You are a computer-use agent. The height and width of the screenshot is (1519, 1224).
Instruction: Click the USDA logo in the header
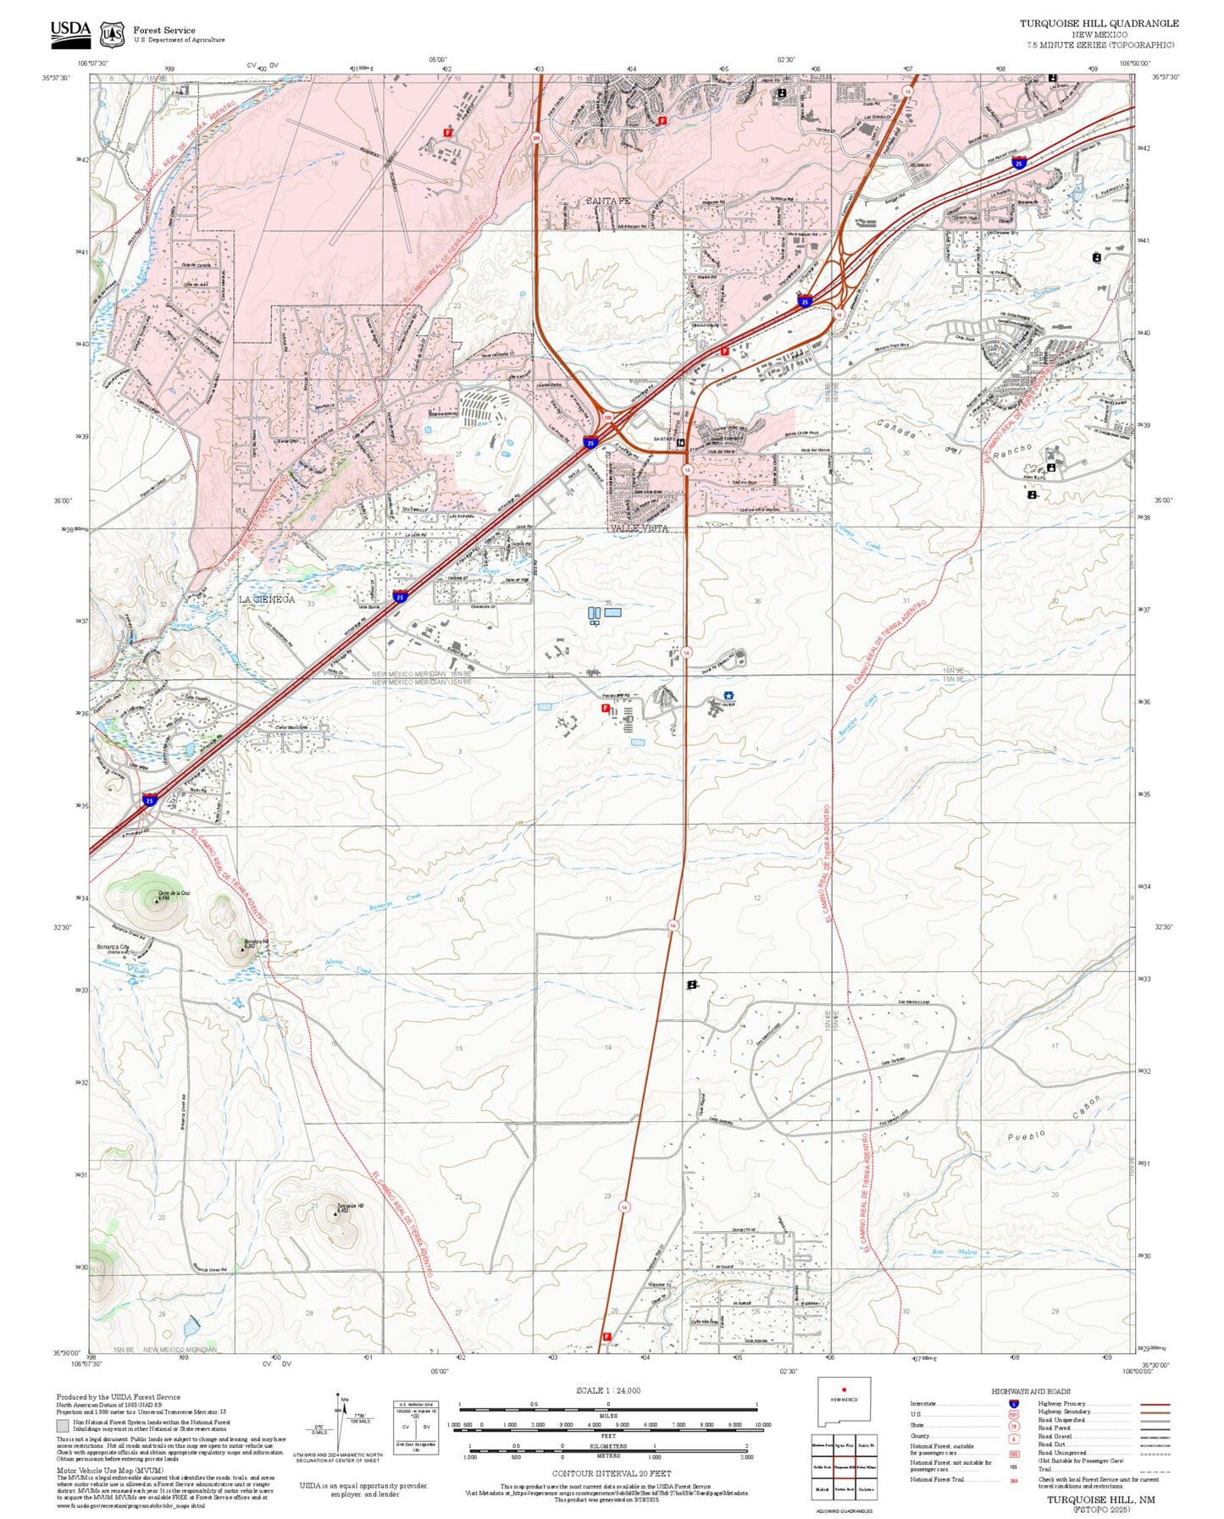coord(70,31)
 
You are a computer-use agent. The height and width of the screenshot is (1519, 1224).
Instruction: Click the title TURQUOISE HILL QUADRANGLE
coord(1099,24)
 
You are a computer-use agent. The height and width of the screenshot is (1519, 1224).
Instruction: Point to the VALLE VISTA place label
coord(638,528)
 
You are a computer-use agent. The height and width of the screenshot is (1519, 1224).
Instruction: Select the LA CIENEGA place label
coord(266,599)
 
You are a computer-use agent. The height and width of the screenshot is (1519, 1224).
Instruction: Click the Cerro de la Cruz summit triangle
coord(157,901)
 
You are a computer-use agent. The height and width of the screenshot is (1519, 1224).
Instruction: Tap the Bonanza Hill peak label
coord(255,942)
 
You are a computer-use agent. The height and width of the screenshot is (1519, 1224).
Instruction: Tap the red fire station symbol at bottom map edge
coord(606,1336)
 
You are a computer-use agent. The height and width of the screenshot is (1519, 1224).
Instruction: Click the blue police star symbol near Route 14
coord(728,695)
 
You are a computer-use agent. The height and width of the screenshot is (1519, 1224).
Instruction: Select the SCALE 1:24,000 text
coord(607,1390)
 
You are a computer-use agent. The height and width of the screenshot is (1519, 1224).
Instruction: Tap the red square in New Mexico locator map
coord(844,1412)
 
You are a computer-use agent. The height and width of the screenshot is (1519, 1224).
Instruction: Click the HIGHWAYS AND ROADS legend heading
coord(1030,1391)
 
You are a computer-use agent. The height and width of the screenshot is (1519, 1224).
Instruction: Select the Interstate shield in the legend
coord(1013,1403)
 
